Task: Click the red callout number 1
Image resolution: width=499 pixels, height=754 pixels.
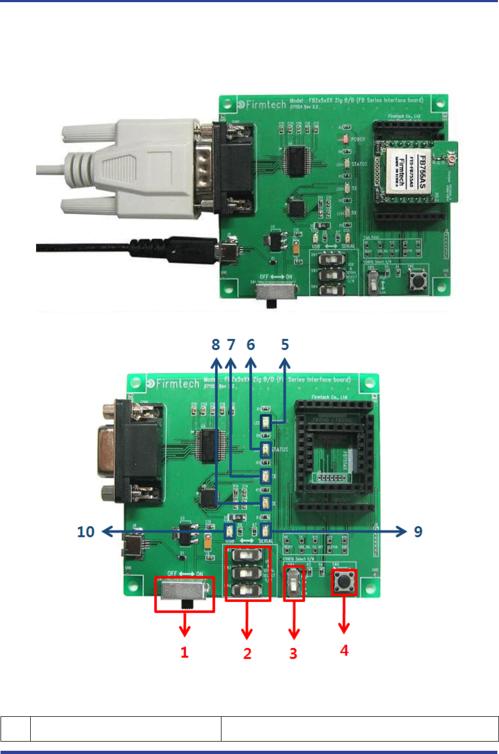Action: (x=184, y=652)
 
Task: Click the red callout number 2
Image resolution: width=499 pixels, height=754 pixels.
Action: (x=247, y=653)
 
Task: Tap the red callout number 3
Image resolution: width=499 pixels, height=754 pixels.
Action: (x=293, y=653)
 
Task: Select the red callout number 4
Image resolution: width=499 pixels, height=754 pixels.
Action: (x=344, y=651)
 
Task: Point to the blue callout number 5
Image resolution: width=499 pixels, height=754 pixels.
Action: (x=285, y=344)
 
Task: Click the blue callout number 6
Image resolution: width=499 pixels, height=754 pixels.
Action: (x=251, y=344)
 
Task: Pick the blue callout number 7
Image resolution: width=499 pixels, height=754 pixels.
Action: (x=231, y=344)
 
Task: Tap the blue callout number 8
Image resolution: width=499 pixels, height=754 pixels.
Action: (x=216, y=344)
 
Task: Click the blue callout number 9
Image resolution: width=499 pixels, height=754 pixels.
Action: (x=418, y=531)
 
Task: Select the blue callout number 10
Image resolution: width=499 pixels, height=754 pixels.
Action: (x=86, y=532)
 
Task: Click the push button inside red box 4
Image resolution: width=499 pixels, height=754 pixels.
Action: (x=344, y=582)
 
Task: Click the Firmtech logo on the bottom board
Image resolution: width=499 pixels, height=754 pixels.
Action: (x=173, y=384)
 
